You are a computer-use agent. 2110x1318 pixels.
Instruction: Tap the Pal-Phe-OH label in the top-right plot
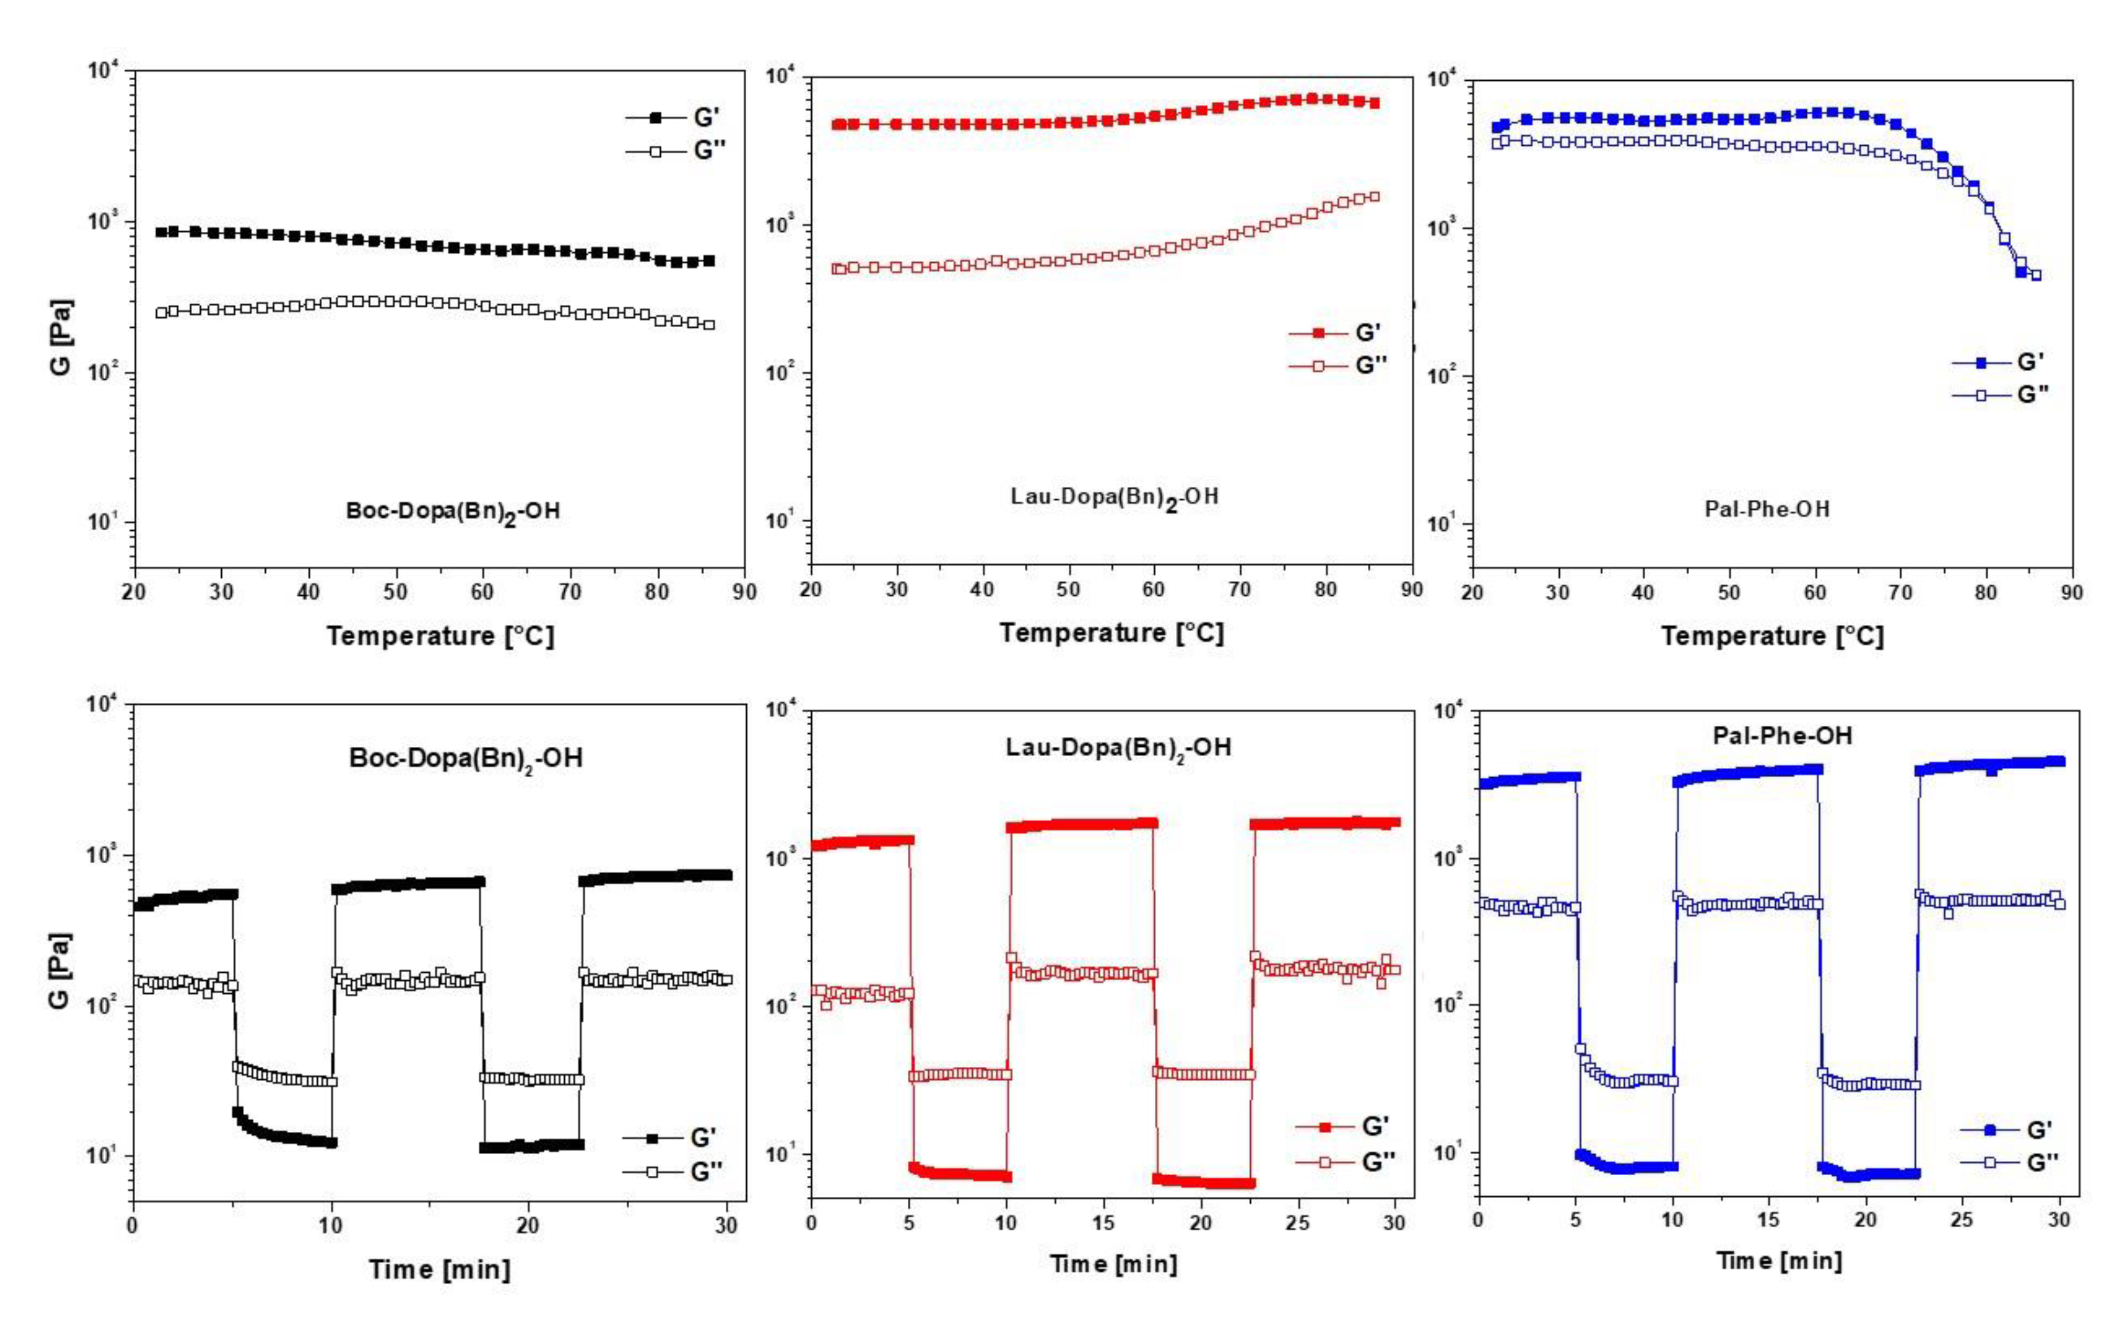click(1766, 508)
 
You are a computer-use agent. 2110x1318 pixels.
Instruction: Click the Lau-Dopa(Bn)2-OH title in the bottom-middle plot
click(1118, 747)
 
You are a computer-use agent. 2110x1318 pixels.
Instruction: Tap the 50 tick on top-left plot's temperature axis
click(395, 592)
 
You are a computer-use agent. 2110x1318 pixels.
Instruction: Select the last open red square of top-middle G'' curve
click(1374, 197)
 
